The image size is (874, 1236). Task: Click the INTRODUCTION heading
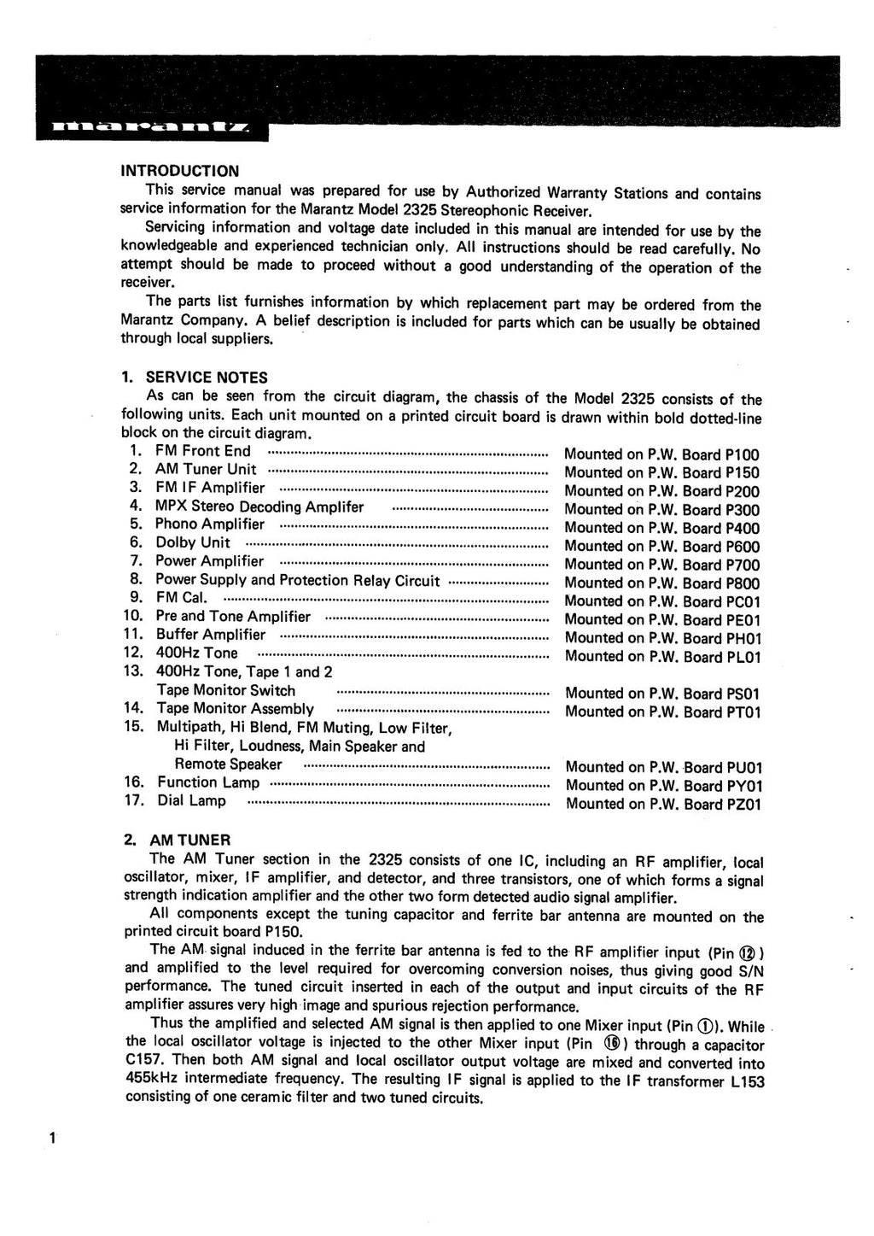(179, 171)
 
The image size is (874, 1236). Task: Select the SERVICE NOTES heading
(207, 378)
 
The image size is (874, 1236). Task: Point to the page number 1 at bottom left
(53, 1138)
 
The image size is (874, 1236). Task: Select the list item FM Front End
(203, 451)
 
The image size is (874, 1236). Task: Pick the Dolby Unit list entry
(192, 542)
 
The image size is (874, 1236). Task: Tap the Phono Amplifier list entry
(210, 524)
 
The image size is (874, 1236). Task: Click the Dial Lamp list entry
(191, 800)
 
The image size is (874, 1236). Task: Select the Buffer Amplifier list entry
(211, 635)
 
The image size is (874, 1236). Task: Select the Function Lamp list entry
(207, 782)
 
